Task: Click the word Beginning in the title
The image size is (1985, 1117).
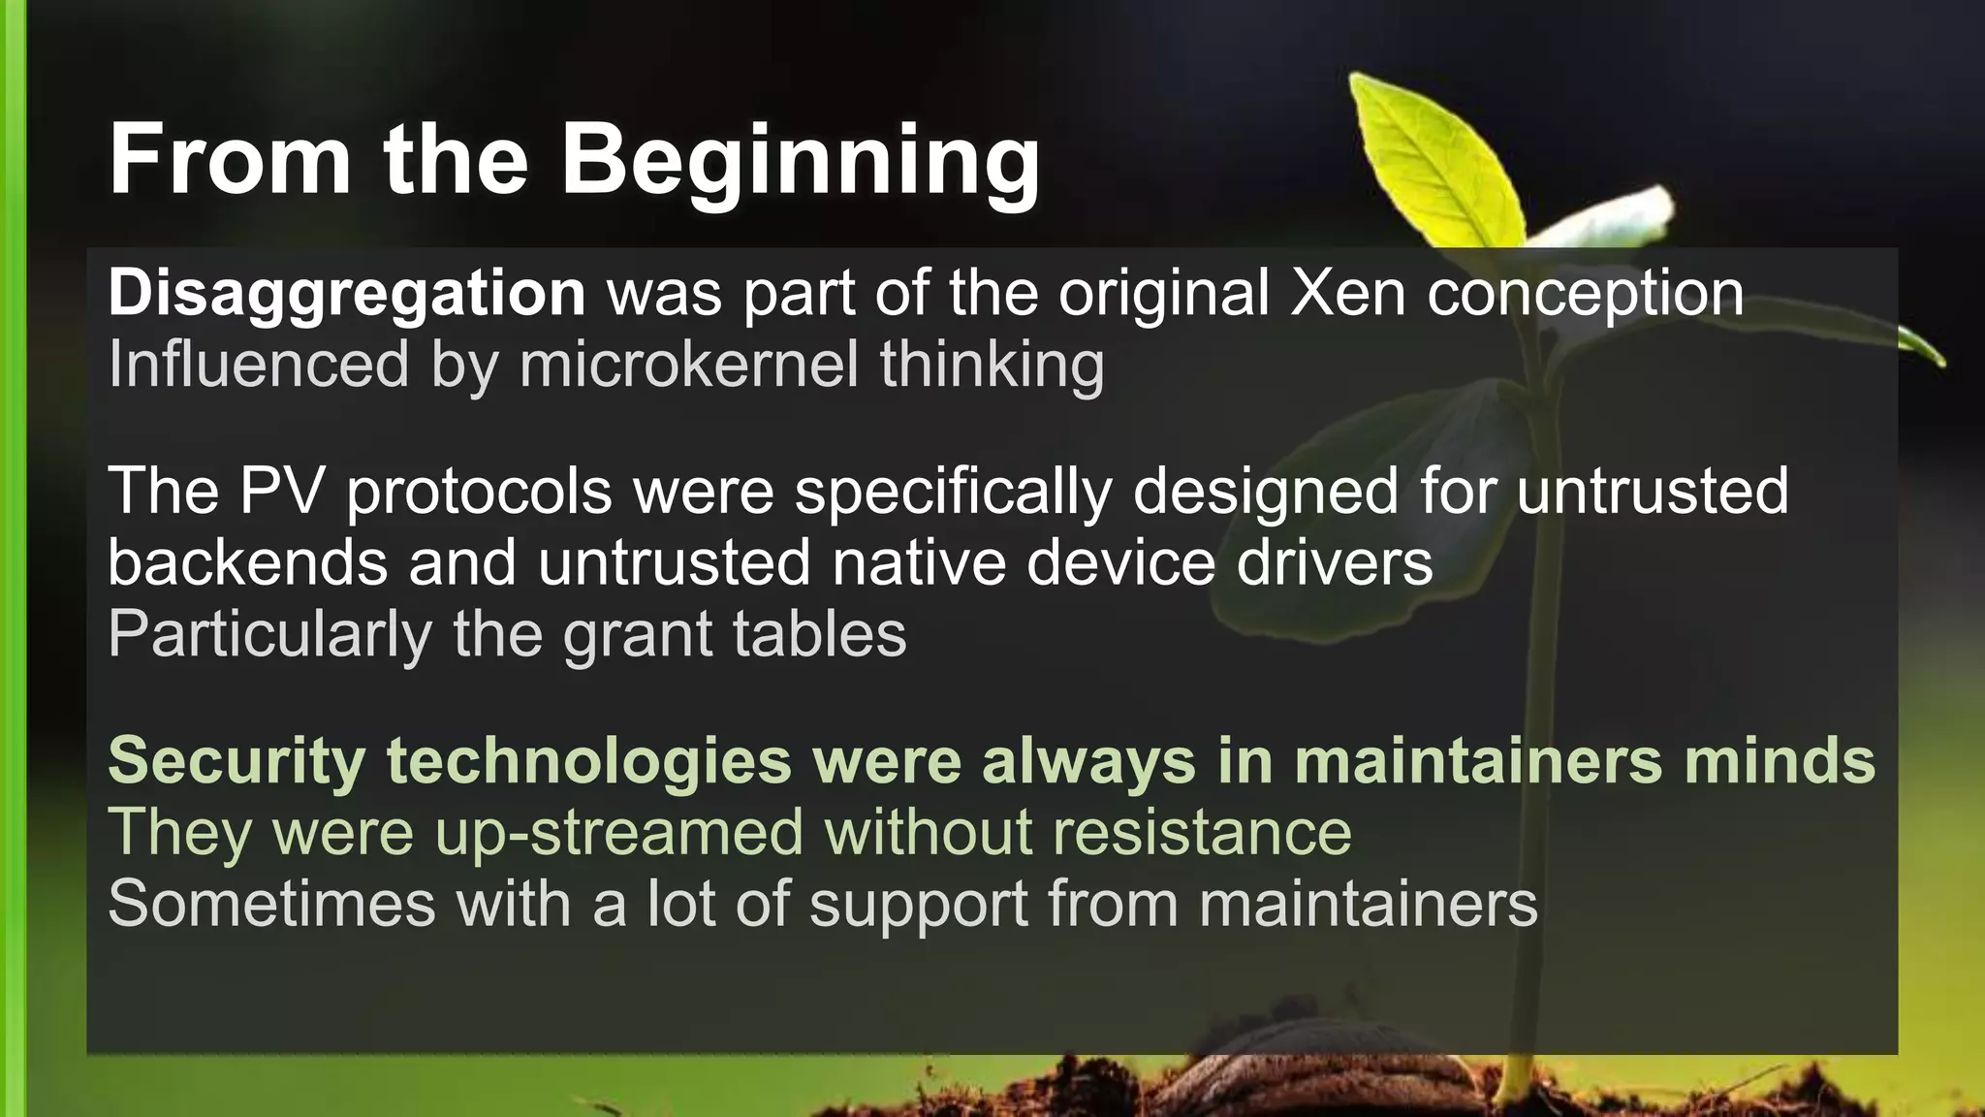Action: (x=800, y=162)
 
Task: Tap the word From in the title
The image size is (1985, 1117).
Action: (x=230, y=160)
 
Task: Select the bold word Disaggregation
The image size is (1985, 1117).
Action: (x=347, y=294)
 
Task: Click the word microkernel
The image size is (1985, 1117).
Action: (x=689, y=365)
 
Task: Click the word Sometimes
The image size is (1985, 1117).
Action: (x=271, y=904)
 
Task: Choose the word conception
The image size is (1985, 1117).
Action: (x=1585, y=294)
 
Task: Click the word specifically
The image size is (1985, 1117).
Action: (x=953, y=493)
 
